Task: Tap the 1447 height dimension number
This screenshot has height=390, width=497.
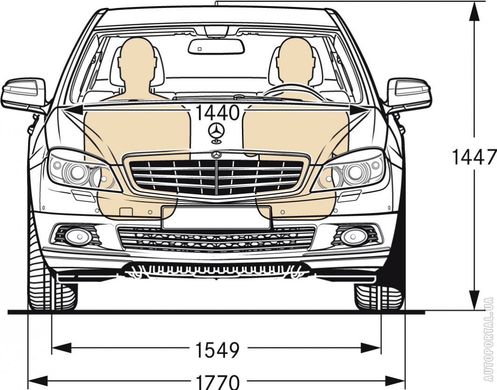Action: pyautogui.click(x=473, y=157)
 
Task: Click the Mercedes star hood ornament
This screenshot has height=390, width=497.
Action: pyautogui.click(x=216, y=132)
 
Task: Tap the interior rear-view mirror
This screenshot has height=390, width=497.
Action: pyautogui.click(x=216, y=46)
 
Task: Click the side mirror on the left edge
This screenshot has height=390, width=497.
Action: pyautogui.click(x=24, y=93)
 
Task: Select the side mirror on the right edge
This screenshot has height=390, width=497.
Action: pyautogui.click(x=408, y=93)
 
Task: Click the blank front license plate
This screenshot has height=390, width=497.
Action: pyautogui.click(x=216, y=218)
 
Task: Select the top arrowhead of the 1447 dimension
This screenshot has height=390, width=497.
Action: pyautogui.click(x=474, y=12)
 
